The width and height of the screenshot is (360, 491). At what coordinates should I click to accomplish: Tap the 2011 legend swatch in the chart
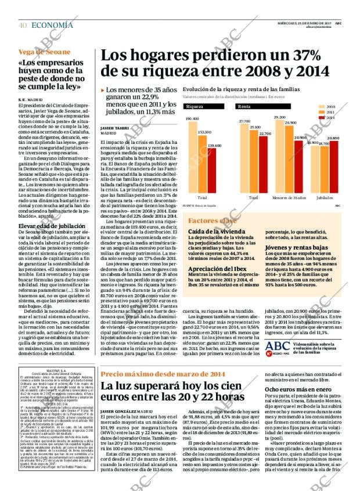[x=321, y=112]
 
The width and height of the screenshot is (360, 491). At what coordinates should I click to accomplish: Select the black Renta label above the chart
[x=245, y=107]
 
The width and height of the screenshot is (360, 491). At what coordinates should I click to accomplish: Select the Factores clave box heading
[x=212, y=221]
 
